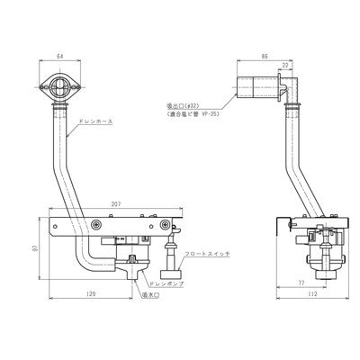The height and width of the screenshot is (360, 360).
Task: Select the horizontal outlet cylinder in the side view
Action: pyautogui.click(x=256, y=87)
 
